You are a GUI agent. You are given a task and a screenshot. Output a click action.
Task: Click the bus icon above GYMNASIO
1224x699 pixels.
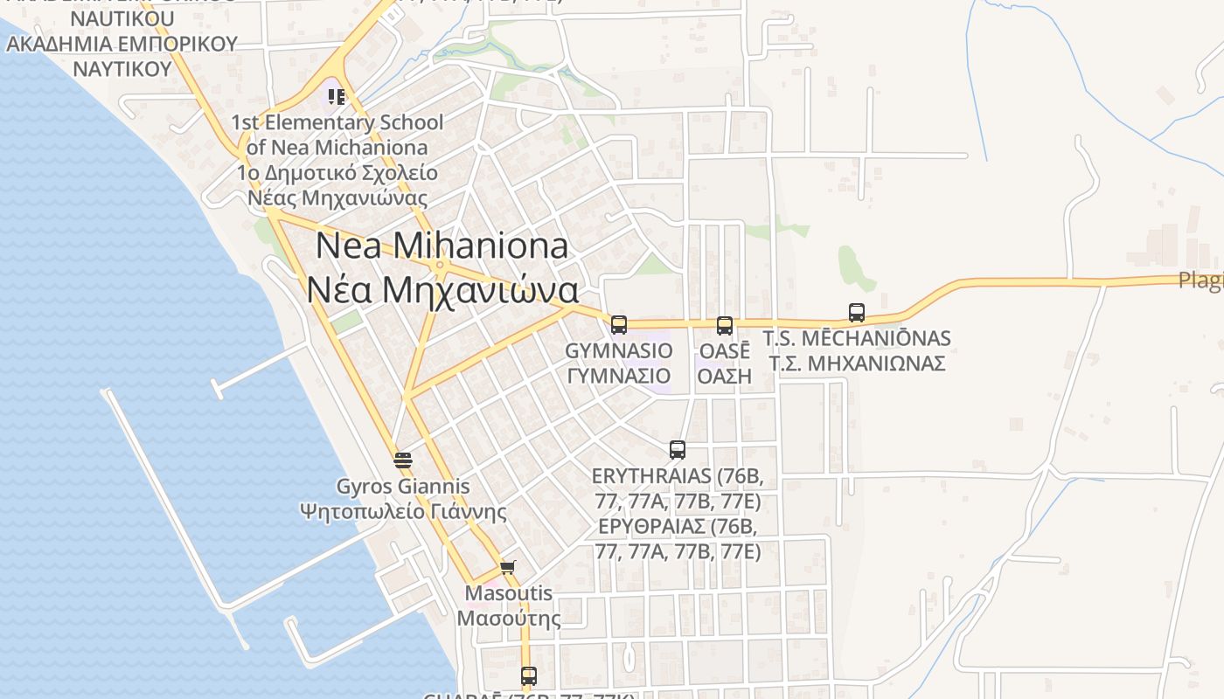pyautogui.click(x=619, y=325)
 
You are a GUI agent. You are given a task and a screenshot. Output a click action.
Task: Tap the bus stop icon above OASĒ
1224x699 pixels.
pyautogui.click(x=725, y=326)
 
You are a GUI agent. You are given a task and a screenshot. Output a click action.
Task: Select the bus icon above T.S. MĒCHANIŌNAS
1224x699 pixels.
pyautogui.click(x=857, y=313)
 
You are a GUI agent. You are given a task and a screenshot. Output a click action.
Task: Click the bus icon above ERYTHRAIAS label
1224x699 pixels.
pyautogui.click(x=678, y=450)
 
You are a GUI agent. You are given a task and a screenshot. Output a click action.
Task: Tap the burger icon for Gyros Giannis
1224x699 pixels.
pyautogui.click(x=403, y=460)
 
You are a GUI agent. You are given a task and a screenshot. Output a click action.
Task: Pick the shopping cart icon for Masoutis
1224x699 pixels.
pyautogui.click(x=508, y=567)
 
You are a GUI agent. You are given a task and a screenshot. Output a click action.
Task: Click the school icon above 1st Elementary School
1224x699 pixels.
pyautogui.click(x=337, y=96)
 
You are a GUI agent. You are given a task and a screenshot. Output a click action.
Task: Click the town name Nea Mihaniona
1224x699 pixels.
pyautogui.click(x=442, y=246)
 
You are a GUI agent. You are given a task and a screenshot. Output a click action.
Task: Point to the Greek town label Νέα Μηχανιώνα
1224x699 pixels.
pyautogui.click(x=442, y=290)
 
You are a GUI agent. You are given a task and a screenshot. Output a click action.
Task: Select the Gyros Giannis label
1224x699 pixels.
pyautogui.click(x=403, y=487)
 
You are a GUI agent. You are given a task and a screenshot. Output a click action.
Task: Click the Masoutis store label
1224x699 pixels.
pyautogui.click(x=509, y=593)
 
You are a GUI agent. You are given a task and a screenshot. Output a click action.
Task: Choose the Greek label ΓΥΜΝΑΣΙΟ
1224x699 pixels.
pyautogui.click(x=619, y=376)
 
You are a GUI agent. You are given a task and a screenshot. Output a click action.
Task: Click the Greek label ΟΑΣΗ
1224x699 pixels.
pyautogui.click(x=725, y=376)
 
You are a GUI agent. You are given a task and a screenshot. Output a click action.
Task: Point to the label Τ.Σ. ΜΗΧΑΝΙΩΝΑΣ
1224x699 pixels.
pyautogui.click(x=857, y=363)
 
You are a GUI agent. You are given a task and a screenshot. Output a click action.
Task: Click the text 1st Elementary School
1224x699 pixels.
pyautogui.click(x=337, y=122)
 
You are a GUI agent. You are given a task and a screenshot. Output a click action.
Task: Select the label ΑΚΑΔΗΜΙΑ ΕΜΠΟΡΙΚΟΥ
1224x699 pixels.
pyautogui.click(x=122, y=44)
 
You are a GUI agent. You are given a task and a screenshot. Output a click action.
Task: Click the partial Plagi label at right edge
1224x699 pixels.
pyautogui.click(x=1200, y=280)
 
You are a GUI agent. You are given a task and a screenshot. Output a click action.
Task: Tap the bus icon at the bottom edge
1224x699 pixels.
pyautogui.click(x=529, y=675)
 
